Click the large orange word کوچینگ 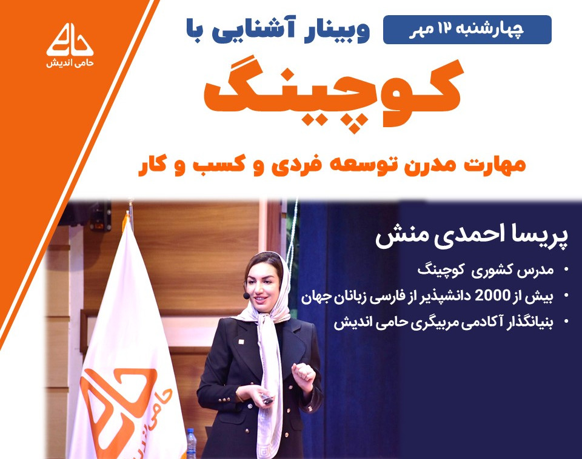333,94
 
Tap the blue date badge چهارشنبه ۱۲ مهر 467,30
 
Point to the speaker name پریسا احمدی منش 473,237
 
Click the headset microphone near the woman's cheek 246,296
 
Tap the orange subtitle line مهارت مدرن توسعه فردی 330,165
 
